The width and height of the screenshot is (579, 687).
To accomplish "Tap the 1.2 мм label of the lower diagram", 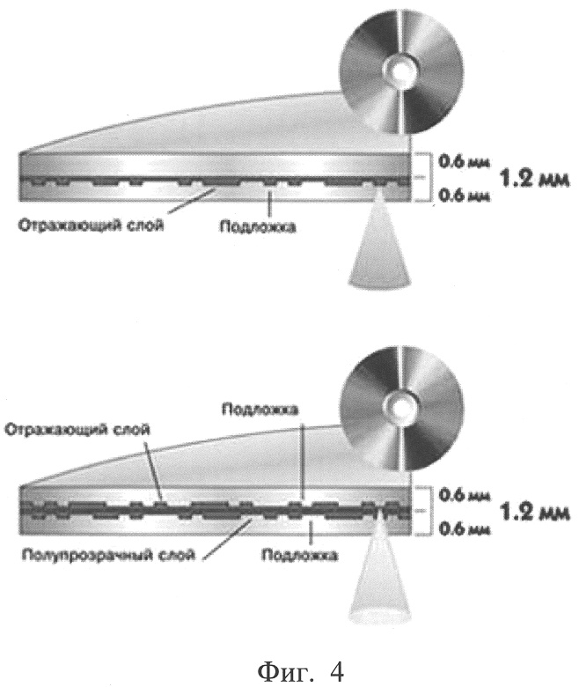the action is point(534,512).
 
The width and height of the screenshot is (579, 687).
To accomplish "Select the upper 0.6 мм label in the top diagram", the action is point(464,161).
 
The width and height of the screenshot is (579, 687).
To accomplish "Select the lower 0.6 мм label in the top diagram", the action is point(464,195).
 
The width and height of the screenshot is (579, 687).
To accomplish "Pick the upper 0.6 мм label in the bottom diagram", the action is point(464,495).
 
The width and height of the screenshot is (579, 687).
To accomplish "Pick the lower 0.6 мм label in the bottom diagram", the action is point(464,528).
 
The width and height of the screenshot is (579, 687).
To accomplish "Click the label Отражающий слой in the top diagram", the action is point(91,225).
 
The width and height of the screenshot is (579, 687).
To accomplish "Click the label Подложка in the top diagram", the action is point(258,226).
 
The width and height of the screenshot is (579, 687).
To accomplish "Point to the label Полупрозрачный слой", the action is point(108,556).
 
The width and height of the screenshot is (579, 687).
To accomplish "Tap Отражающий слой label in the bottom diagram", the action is point(77,429).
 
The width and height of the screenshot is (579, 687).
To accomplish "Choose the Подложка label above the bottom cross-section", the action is point(260,410).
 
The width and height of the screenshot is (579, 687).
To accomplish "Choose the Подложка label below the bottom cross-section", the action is point(299,555).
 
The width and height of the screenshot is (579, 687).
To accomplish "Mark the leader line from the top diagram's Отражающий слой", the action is point(192,201).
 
